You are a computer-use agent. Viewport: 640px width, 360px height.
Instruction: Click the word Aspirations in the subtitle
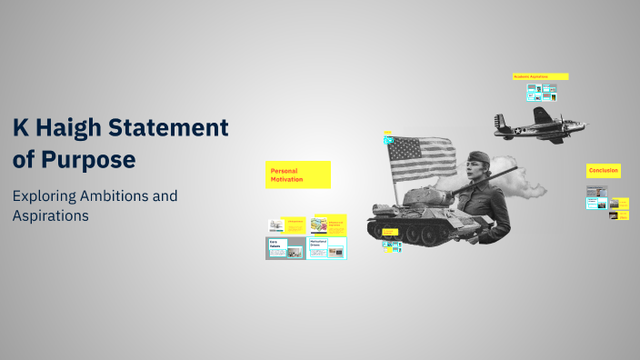[50, 216]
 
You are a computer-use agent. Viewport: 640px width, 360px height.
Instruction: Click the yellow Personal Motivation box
[298, 175]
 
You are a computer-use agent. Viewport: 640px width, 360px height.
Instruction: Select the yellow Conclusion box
[604, 171]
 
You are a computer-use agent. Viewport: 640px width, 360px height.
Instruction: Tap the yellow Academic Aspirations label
[540, 76]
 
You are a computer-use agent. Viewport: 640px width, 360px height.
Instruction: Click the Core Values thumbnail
[285, 247]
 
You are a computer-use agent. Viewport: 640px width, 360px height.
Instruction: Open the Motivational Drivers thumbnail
[327, 247]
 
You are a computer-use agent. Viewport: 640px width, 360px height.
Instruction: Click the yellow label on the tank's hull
[389, 233]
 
